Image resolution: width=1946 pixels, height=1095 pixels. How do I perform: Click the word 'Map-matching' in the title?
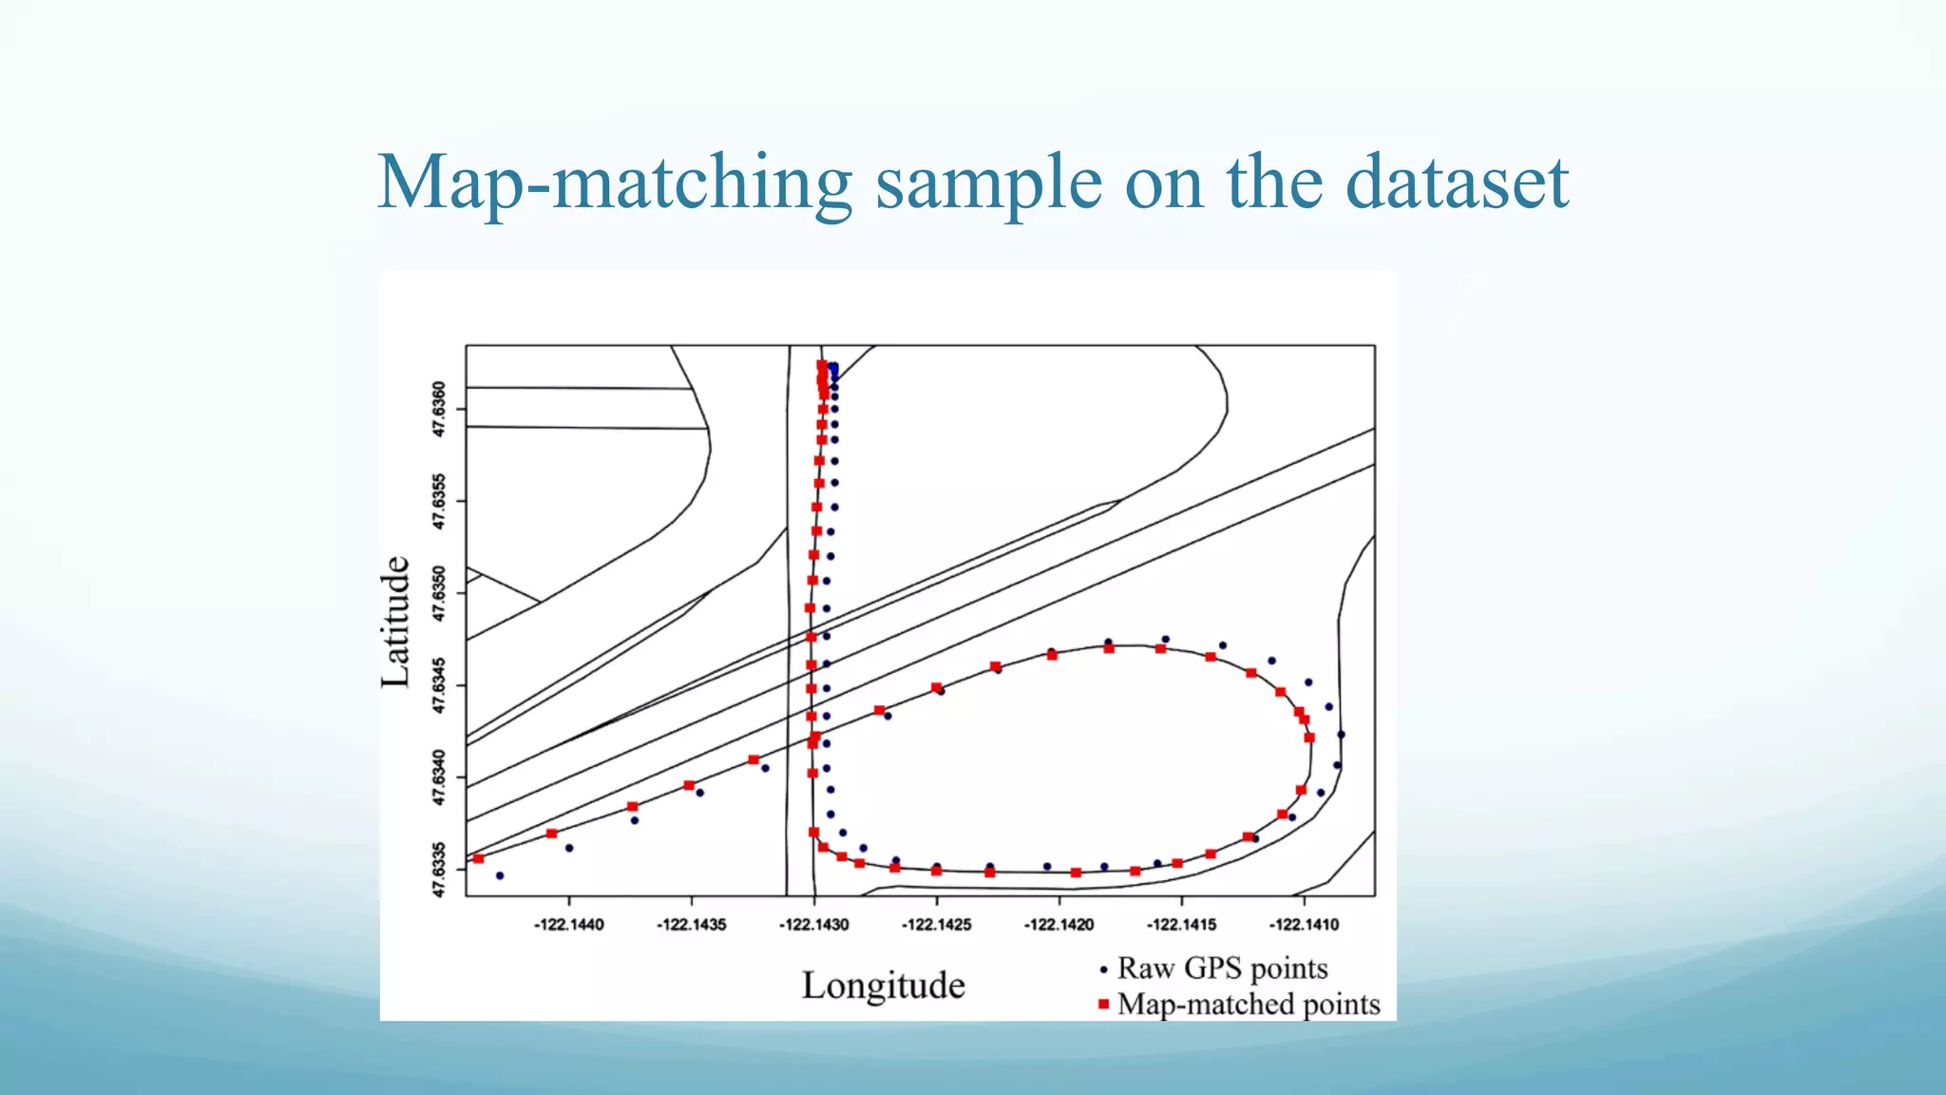(x=614, y=182)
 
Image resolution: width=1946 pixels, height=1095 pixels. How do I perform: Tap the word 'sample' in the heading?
(x=988, y=182)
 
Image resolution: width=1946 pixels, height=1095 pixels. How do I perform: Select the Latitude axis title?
(x=395, y=622)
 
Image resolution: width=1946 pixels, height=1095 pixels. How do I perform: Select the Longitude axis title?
(x=883, y=986)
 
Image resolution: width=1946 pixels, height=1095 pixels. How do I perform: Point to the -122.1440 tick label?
(x=568, y=925)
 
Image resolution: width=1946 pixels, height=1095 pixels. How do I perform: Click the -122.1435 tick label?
(x=691, y=925)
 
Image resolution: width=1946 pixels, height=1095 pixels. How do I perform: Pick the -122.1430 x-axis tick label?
(x=813, y=925)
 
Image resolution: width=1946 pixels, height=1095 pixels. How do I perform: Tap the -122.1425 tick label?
(x=936, y=925)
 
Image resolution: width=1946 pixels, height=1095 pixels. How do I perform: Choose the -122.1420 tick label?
(x=1059, y=925)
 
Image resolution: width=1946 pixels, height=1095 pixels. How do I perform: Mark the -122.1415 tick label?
(x=1181, y=925)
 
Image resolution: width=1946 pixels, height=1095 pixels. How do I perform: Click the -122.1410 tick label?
(x=1304, y=925)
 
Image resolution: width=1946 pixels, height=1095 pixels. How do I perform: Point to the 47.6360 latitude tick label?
(x=438, y=410)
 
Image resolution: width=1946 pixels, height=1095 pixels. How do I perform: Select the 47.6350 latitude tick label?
(x=438, y=593)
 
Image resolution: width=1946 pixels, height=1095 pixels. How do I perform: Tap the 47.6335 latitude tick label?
(x=438, y=869)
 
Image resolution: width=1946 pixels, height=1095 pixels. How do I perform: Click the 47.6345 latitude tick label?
(x=438, y=685)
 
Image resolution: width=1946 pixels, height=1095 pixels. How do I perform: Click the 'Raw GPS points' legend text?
(x=1222, y=969)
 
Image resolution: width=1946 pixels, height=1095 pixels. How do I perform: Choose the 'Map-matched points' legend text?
(x=1248, y=1005)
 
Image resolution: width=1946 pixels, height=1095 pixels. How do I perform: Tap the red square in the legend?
(x=1103, y=1004)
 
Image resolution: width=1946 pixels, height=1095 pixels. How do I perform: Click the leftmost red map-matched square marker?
(x=479, y=858)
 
